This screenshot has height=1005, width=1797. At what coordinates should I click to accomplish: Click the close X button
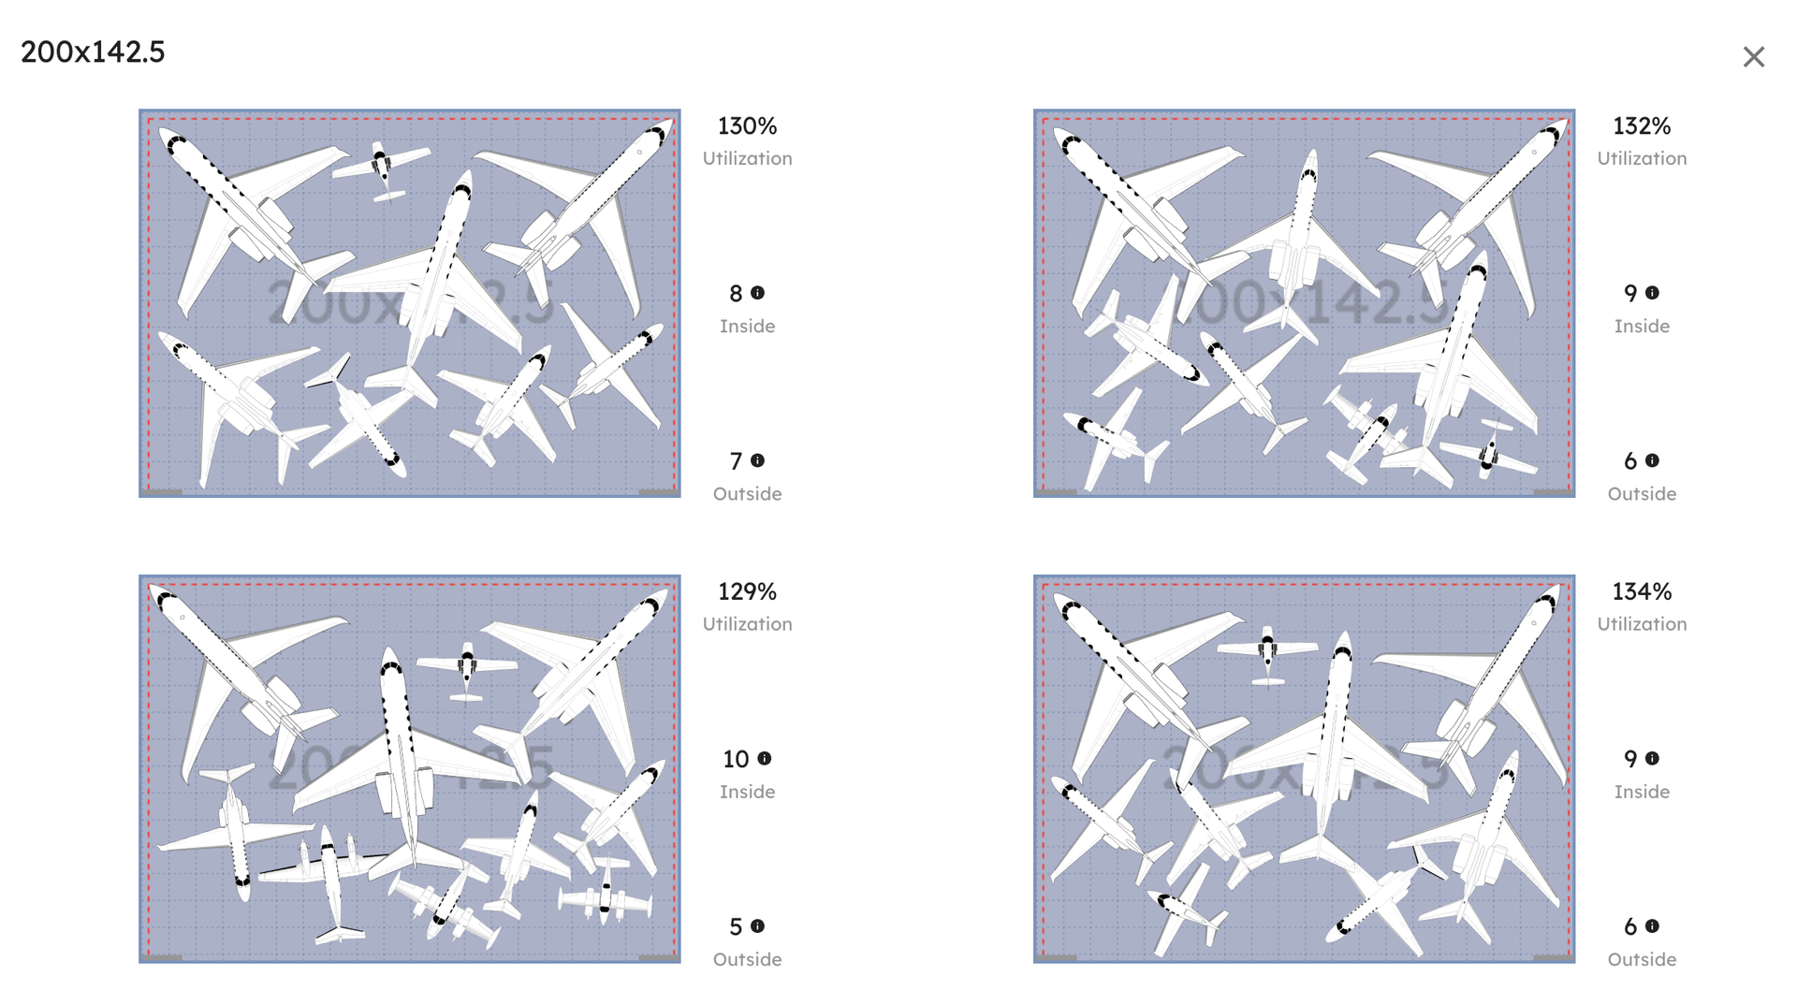coord(1753,57)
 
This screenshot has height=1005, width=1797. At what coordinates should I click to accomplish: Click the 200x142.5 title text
coord(93,51)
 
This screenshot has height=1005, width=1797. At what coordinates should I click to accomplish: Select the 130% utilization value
coord(747,125)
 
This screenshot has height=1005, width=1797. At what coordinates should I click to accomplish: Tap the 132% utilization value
coord(1642,125)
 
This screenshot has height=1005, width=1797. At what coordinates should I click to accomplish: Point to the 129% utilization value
coord(747,591)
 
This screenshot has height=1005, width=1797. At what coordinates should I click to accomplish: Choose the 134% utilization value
coord(1642,591)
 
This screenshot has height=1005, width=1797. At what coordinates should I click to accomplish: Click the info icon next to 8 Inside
coord(758,293)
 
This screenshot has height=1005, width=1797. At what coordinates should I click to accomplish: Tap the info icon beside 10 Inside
coord(765,758)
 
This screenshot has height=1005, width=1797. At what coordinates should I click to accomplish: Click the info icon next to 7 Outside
coord(758,460)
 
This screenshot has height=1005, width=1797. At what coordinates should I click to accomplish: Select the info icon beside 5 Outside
coord(758,925)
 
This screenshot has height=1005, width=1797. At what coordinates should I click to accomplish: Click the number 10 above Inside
coord(736,759)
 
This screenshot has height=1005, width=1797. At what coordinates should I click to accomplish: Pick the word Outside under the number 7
coord(747,493)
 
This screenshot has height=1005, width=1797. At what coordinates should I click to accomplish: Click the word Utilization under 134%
coord(1642,624)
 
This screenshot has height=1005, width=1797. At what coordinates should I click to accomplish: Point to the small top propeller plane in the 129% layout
coord(467,667)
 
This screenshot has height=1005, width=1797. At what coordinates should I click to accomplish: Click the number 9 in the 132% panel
coord(1630,294)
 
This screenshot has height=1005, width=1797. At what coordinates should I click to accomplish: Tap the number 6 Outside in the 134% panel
coord(1630,926)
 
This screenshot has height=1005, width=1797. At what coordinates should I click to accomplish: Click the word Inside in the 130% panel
coord(747,326)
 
